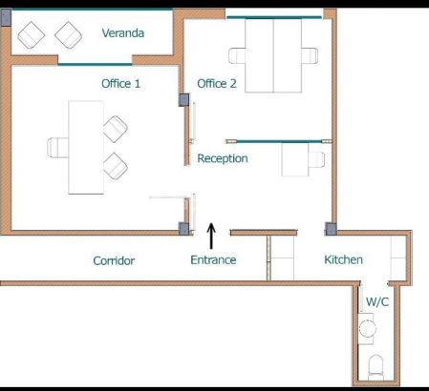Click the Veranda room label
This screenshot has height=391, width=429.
(x=123, y=33)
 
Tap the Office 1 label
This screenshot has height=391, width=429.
(x=121, y=84)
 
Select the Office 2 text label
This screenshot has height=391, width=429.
(x=217, y=84)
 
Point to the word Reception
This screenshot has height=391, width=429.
(x=223, y=158)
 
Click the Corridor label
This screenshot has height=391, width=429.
(x=114, y=260)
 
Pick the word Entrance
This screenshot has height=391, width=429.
(x=213, y=260)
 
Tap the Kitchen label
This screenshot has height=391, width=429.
(x=343, y=259)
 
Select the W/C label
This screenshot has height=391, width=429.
(x=377, y=302)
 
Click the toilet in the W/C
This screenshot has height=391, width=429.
(x=375, y=365)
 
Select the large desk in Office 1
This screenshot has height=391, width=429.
(x=84, y=147)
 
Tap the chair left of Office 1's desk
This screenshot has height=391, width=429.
(x=57, y=147)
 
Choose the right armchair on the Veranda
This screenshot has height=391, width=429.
(x=67, y=36)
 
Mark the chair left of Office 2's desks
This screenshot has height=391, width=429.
(x=237, y=53)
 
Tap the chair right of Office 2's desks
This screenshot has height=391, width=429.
(x=311, y=53)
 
